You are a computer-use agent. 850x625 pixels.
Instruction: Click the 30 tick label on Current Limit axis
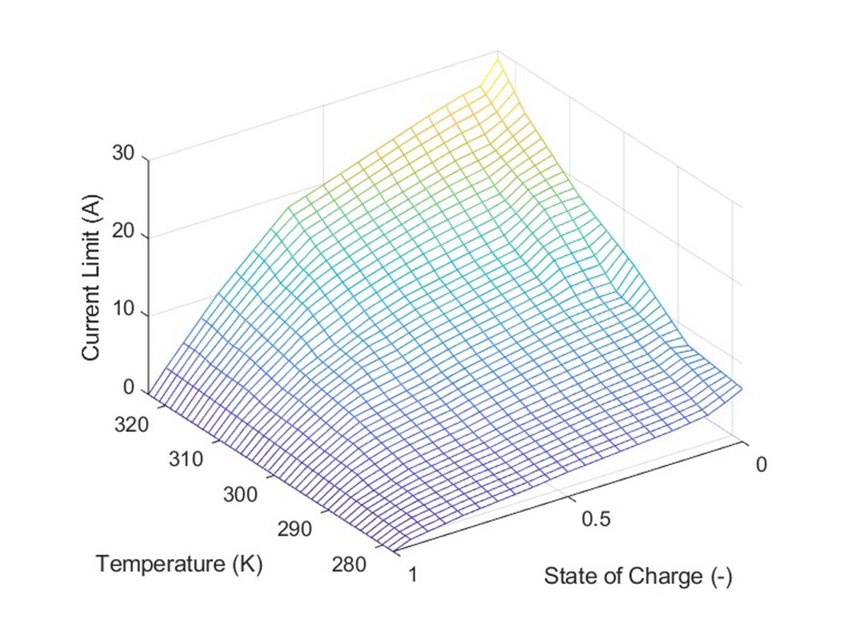[x=125, y=154]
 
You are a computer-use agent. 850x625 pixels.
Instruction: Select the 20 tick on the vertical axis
[x=125, y=235]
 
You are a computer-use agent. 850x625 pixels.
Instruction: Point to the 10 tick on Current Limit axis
[x=125, y=312]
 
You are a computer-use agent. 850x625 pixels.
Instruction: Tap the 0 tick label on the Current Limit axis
[x=130, y=388]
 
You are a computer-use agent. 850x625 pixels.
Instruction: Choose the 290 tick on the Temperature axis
[x=295, y=529]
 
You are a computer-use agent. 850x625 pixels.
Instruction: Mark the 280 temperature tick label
[x=348, y=565]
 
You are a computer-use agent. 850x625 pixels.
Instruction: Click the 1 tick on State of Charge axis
[x=412, y=573]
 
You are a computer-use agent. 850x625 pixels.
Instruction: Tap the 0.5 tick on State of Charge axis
[x=596, y=519]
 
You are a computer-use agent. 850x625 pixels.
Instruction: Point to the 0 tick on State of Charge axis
[x=761, y=465]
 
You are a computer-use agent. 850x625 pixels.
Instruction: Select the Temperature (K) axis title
[x=179, y=565]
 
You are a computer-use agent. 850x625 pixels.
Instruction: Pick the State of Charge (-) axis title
[x=637, y=577]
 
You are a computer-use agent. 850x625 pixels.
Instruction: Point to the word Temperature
[x=161, y=565]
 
